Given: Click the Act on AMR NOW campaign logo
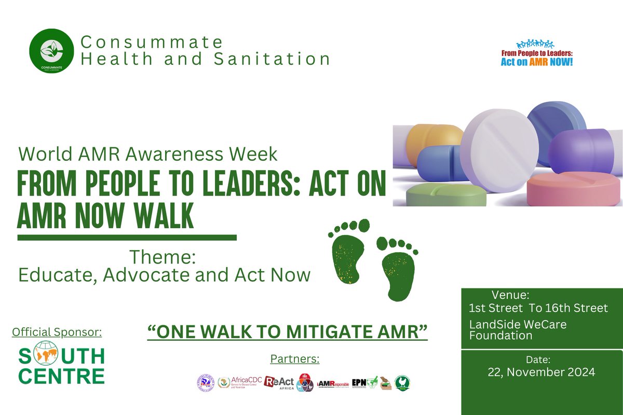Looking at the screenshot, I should (536, 54).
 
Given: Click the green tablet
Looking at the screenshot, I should (446, 195).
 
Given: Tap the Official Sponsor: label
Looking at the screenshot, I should (57, 331).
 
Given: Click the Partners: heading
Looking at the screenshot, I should (295, 358).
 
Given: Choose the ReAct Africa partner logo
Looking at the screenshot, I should (279, 383).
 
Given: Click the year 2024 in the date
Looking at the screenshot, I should (577, 372).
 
